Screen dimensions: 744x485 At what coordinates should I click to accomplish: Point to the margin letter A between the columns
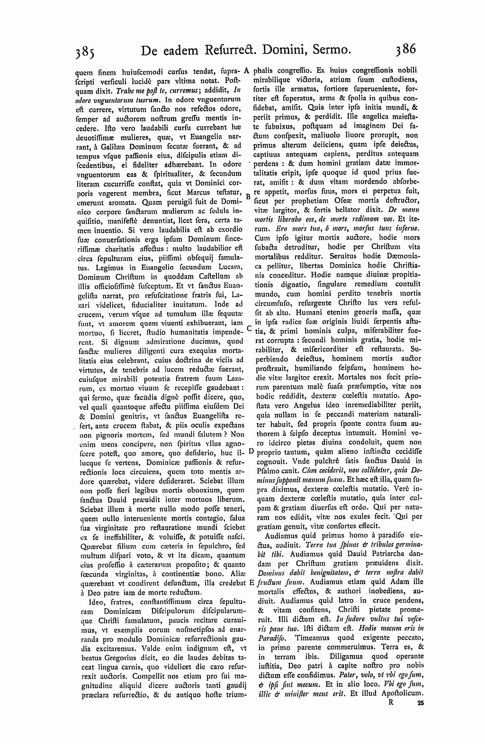pyautogui.click(x=247, y=71)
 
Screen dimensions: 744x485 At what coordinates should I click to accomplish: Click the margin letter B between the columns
pyautogui.click(x=248, y=195)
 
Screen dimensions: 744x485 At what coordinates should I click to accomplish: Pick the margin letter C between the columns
pyautogui.click(x=248, y=328)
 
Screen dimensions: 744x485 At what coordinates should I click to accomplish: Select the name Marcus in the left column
pyautogui.click(x=187, y=193)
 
